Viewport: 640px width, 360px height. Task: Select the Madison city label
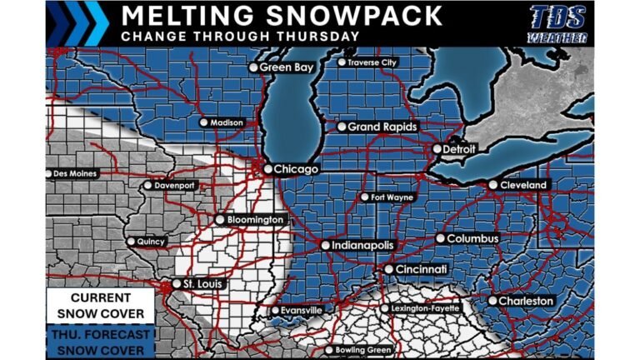click(227, 122)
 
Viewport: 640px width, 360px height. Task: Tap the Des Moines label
click(75, 174)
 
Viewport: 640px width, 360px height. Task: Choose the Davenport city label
click(174, 185)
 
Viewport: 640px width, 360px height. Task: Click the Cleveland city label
click(523, 184)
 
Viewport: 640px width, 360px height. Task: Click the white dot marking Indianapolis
click(326, 246)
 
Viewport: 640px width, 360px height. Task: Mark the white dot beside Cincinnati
click(388, 270)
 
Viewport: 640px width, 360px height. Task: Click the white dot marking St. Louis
click(177, 283)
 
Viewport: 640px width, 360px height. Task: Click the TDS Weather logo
click(558, 23)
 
